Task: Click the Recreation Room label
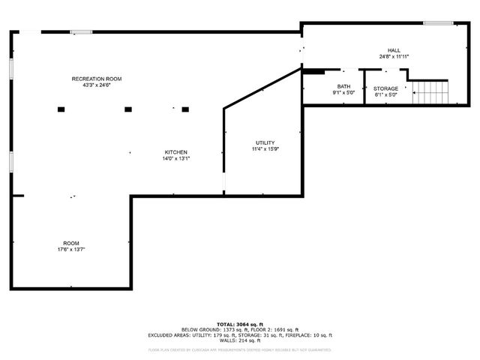point(97,79)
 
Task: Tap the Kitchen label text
point(176,152)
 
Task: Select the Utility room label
point(265,142)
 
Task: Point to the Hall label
point(394,50)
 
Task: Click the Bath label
point(343,87)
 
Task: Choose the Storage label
point(386,88)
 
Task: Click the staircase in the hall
point(431,93)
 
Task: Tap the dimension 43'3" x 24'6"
point(97,85)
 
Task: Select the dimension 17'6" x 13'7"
point(71,249)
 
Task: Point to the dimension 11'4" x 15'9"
point(265,149)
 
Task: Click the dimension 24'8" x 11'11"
point(394,56)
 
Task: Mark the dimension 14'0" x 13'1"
point(176,159)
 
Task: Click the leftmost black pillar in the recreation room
point(61,109)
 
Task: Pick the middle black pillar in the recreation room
point(128,109)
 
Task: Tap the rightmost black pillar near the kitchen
point(185,109)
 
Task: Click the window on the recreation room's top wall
point(81,31)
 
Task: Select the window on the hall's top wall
point(433,23)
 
